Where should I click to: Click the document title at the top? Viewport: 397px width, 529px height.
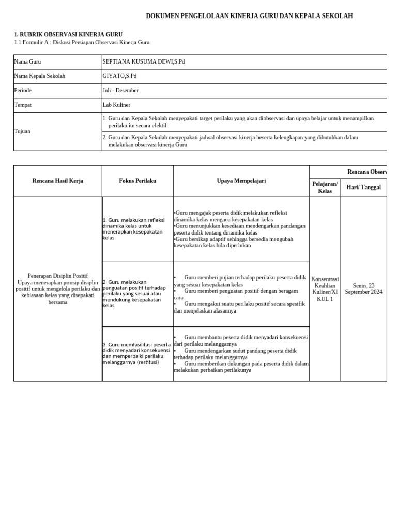coord(249,17)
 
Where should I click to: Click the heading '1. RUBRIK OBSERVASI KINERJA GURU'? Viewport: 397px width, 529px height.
coord(68,35)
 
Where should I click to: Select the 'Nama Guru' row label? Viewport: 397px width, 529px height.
coord(27,62)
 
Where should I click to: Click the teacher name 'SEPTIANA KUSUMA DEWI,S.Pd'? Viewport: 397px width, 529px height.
coord(144,62)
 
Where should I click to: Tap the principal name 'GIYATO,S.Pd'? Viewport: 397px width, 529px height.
coord(119,76)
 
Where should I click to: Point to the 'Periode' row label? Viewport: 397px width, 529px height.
coord(23,91)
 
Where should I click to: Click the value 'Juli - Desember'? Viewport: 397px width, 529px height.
coord(120,91)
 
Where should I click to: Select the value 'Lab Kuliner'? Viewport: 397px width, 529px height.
coord(116,105)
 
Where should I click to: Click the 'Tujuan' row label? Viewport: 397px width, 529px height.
coord(22,131)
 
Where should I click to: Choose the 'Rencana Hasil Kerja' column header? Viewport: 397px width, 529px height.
coord(58,181)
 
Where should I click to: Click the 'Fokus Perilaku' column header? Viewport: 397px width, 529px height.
coord(138,181)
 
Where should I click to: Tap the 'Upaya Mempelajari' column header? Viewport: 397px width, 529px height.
coord(241,181)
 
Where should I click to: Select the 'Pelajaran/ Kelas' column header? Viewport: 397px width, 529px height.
coord(325,188)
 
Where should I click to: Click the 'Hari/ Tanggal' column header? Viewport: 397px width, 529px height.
coord(363,188)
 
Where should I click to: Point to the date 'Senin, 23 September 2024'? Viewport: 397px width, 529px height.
coord(363,289)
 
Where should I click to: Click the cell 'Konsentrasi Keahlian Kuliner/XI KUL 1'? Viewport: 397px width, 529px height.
coord(325,289)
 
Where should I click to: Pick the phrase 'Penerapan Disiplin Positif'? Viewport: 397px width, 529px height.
coord(58,276)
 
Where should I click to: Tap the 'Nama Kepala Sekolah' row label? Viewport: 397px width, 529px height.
coord(40,76)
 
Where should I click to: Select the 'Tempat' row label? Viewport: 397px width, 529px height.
coord(23,105)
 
